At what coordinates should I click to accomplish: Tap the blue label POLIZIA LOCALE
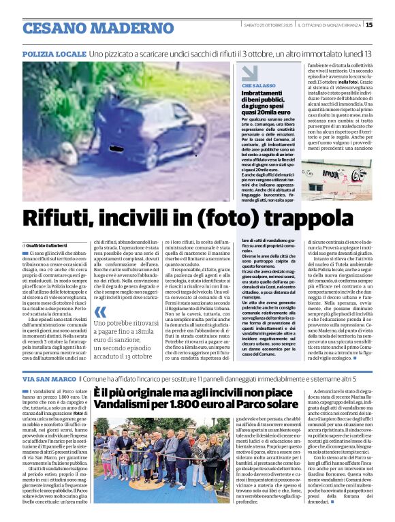tap(54, 53)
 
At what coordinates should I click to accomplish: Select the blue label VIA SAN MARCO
tap(49, 378)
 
